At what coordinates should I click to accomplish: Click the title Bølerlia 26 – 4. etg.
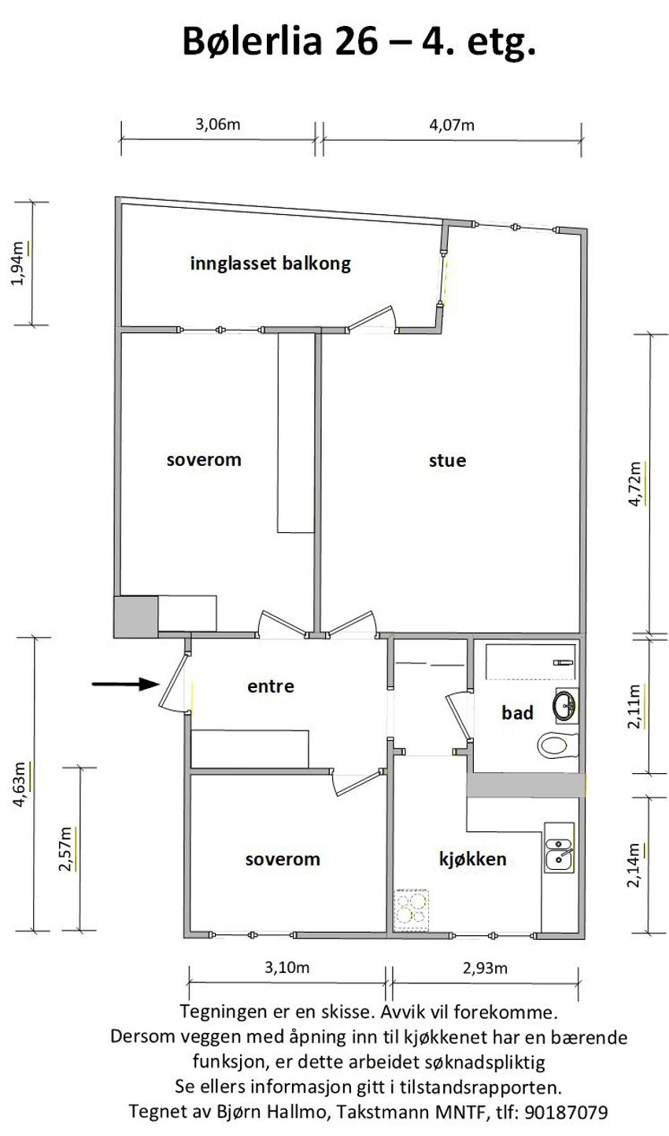pos(359,41)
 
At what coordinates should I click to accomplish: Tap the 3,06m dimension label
pos(217,124)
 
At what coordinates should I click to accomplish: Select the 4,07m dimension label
pos(452,124)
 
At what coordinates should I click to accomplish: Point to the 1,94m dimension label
pos(23,264)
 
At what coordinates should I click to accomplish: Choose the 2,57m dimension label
pos(68,848)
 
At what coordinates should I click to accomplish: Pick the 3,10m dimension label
pos(286,968)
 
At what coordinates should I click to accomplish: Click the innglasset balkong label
pos(270,264)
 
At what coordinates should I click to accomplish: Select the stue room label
pos(447,461)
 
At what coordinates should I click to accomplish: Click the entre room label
pos(270,686)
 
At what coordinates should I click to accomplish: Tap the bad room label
pos(517,713)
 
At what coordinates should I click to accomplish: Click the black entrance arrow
pos(124,684)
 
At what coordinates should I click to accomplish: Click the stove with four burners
pos(412,909)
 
